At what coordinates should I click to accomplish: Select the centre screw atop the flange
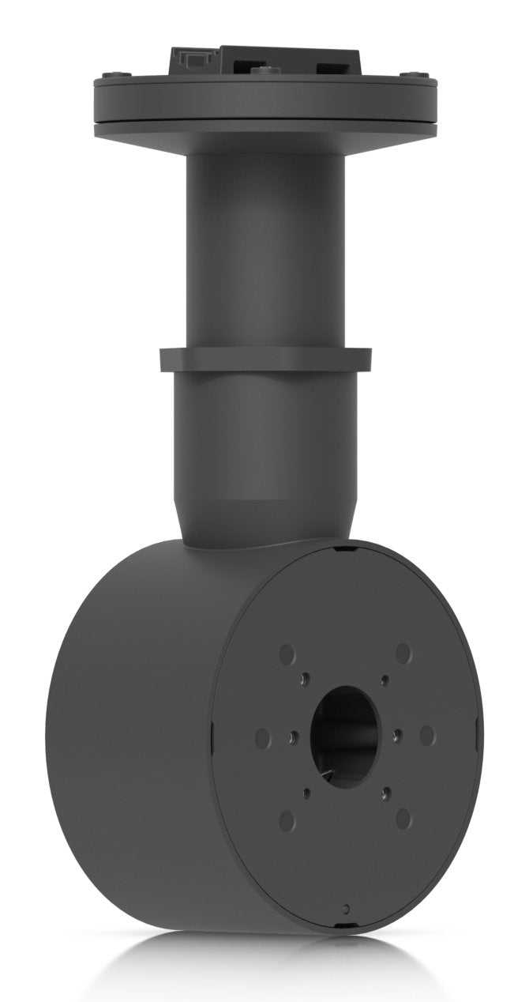pos(263,70)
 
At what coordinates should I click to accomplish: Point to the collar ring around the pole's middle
pos(264,360)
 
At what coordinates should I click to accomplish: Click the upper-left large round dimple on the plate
pos(287,654)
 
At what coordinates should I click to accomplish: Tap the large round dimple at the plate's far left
pos(262,737)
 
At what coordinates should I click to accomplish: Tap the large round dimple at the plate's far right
pos(427,736)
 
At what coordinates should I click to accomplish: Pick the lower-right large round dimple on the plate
pos(403,816)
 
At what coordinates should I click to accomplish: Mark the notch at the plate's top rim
pos(340,548)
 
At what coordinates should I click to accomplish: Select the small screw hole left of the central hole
pos(293,736)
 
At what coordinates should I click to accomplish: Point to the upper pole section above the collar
pos(264,245)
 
